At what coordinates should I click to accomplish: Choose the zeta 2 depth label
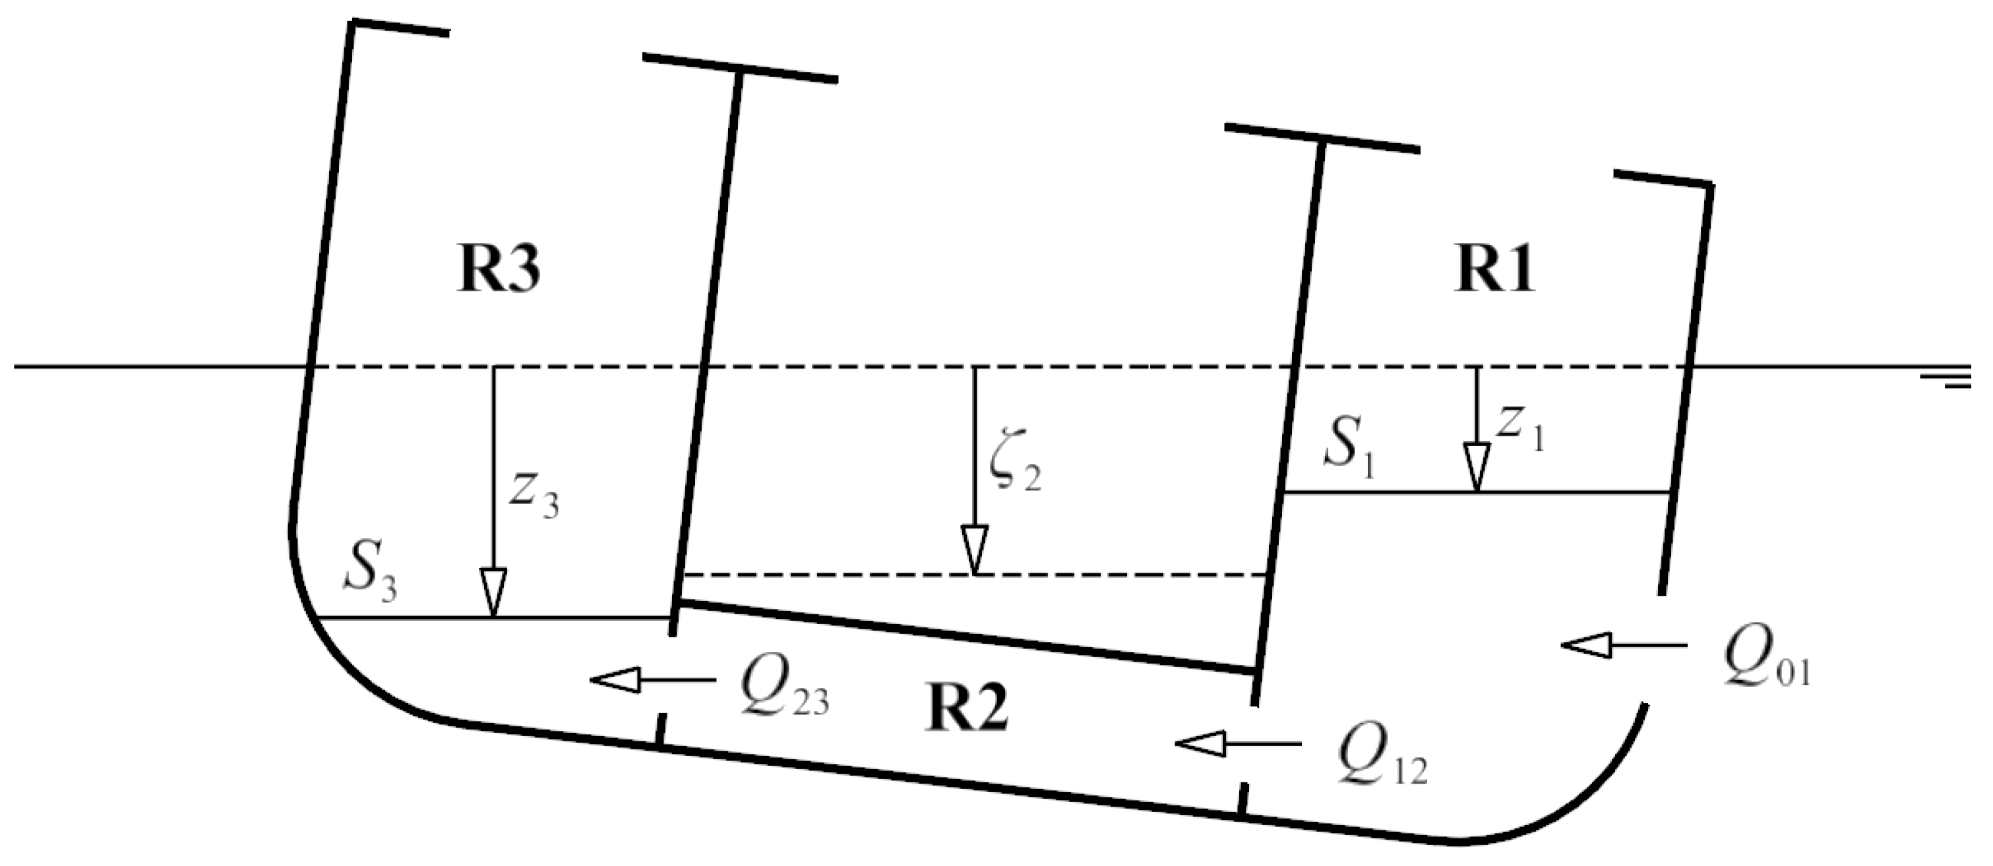click(1015, 469)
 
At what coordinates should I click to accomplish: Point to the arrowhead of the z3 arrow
click(493, 593)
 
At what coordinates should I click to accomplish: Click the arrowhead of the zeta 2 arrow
click(974, 550)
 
